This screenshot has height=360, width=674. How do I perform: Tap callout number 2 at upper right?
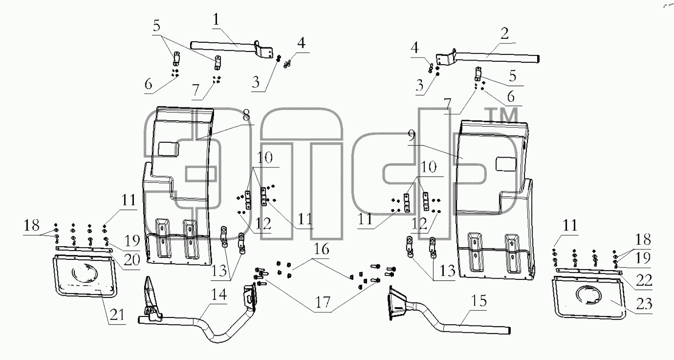[x=505, y=33]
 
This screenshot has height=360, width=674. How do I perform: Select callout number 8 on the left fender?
[x=246, y=115]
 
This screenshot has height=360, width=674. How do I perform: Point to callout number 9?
[x=412, y=136]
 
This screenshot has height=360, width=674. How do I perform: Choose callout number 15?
[x=479, y=300]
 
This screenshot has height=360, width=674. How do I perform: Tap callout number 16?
[x=321, y=249]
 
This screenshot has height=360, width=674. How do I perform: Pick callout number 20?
[x=132, y=259]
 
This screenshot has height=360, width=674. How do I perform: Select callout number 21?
[x=117, y=315]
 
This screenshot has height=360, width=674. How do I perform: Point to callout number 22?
[x=644, y=280]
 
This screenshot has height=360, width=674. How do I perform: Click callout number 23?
[x=644, y=304]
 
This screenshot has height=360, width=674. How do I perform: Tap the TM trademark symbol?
[x=503, y=116]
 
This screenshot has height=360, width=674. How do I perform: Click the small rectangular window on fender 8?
[x=168, y=149]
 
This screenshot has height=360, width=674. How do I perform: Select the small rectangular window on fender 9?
[x=506, y=164]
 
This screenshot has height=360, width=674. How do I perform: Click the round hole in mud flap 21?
[x=84, y=272]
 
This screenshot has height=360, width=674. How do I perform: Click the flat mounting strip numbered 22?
[x=589, y=271]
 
